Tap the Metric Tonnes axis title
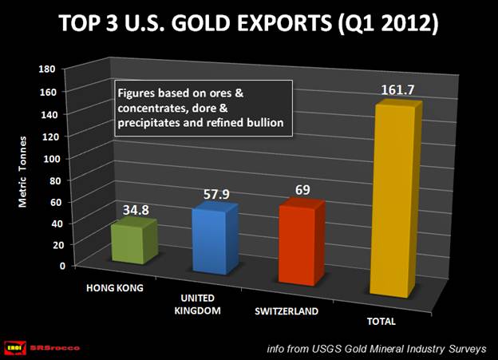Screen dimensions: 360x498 point(25,168)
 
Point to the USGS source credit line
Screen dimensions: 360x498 point(378,347)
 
